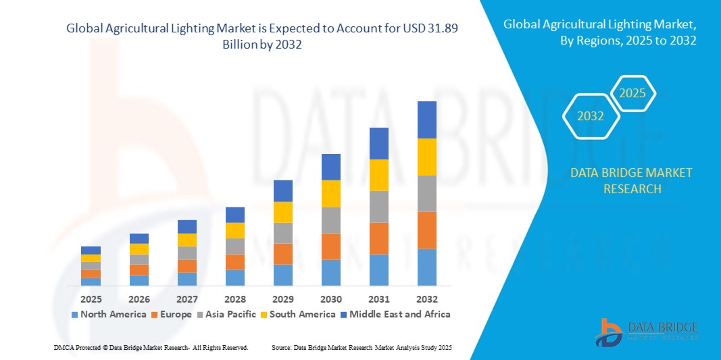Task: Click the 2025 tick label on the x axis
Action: pyautogui.click(x=91, y=299)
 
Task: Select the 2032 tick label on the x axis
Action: pyautogui.click(x=426, y=299)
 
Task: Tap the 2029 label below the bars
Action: pyautogui.click(x=282, y=299)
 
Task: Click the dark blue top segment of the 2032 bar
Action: pyautogui.click(x=426, y=120)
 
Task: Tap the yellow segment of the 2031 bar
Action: pyautogui.click(x=378, y=175)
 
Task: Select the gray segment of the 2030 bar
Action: pyautogui.click(x=330, y=220)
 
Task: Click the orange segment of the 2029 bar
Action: pyautogui.click(x=282, y=254)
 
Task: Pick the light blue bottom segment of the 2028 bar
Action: pyautogui.click(x=234, y=278)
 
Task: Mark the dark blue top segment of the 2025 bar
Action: pyautogui.click(x=91, y=250)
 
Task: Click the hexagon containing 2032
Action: pyautogui.click(x=591, y=116)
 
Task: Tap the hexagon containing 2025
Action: pyautogui.click(x=632, y=93)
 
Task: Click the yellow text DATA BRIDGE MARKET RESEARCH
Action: pyautogui.click(x=631, y=180)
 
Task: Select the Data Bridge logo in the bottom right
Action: pyautogui.click(x=645, y=331)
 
